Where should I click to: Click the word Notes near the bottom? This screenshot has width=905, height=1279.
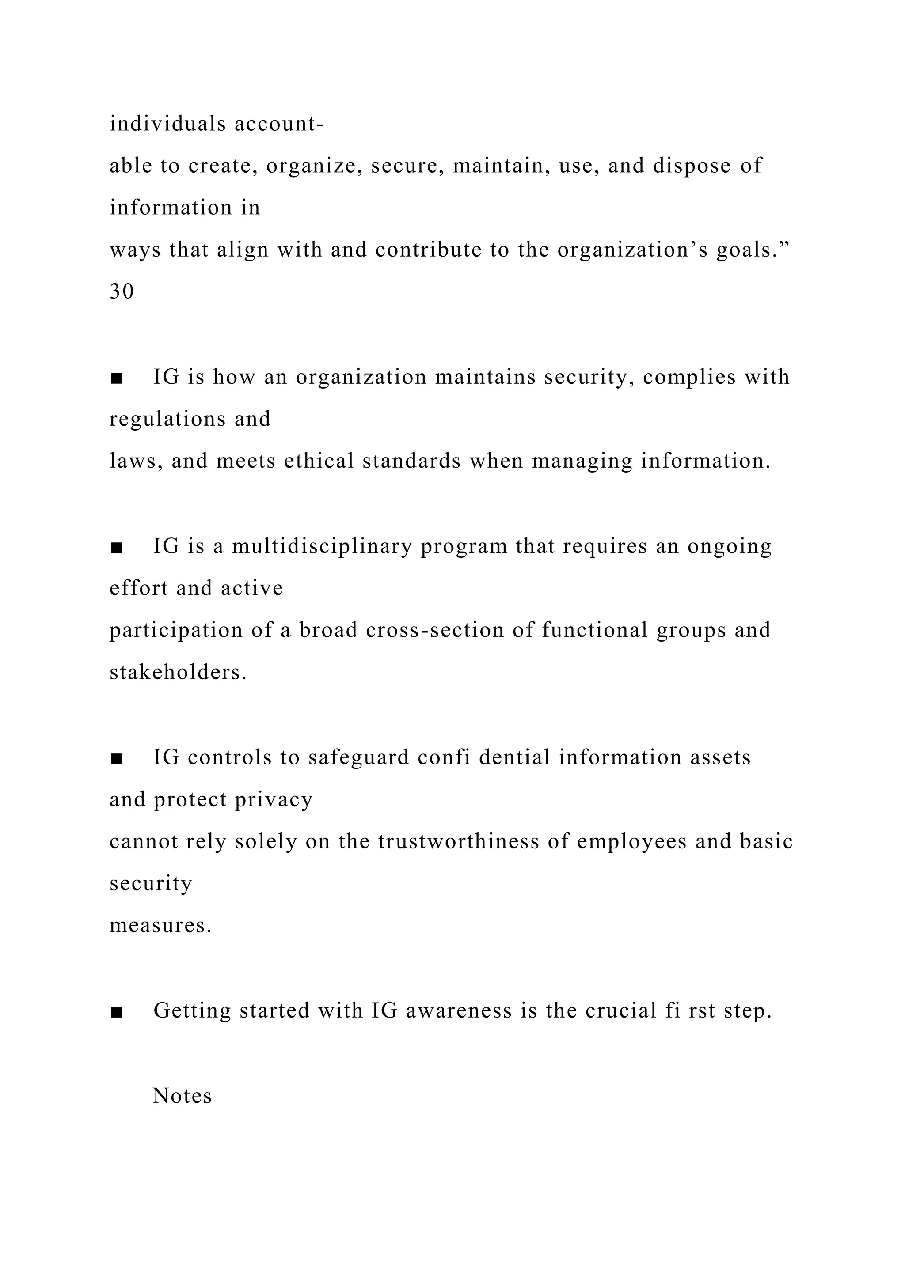[182, 1096]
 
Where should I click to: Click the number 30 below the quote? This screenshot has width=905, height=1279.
[122, 291]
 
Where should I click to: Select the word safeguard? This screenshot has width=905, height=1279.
[358, 757]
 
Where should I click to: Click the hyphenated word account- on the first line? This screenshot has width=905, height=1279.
[279, 123]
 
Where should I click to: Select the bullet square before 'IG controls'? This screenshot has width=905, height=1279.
[116, 759]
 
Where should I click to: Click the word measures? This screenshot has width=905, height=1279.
[160, 925]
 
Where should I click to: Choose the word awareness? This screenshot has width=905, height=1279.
[458, 1010]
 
